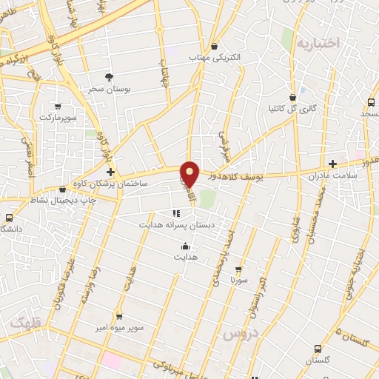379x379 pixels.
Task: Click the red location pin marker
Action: tap(190, 173)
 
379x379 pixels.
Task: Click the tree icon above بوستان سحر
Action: tap(110, 77)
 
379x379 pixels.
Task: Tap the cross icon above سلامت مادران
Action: tap(333, 164)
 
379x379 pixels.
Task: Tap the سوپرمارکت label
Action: tap(58, 117)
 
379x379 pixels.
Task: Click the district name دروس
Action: tap(238, 335)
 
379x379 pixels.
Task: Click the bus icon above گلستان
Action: tap(318, 349)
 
